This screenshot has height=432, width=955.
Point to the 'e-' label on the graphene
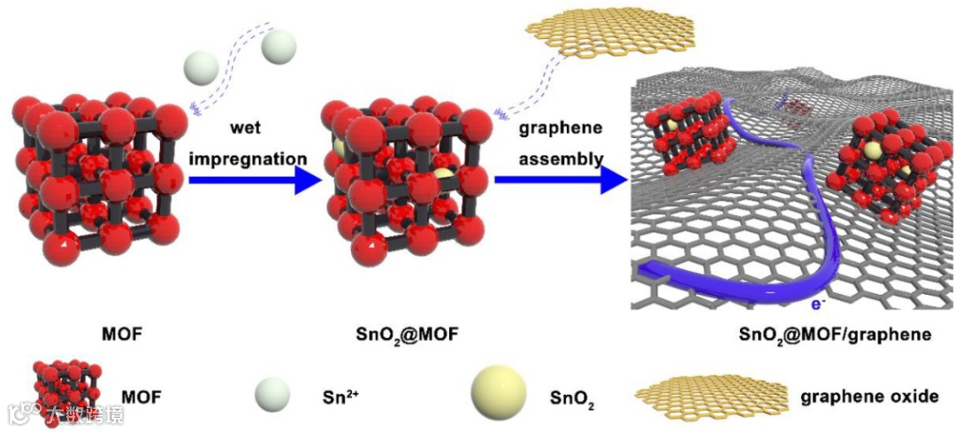pos(818,305)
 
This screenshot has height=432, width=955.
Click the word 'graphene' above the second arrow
pos(561,127)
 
